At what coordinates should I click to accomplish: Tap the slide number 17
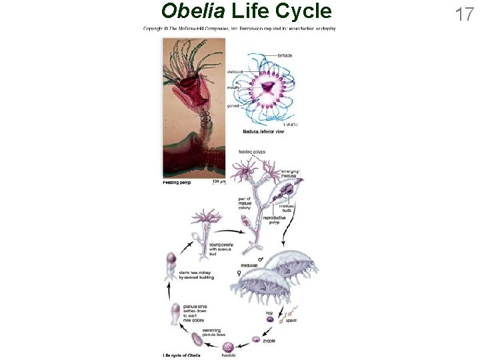click(464, 14)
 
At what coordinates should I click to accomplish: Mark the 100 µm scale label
click(219, 181)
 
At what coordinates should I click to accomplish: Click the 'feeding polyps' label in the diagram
click(252, 153)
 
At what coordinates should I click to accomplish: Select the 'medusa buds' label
click(286, 208)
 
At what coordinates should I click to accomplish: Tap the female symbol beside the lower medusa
click(239, 273)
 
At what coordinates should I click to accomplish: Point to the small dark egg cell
click(270, 319)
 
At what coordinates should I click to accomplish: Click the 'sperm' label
click(291, 321)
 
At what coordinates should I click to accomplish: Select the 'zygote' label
click(269, 341)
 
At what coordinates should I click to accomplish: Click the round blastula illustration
click(229, 347)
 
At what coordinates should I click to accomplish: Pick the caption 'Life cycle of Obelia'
click(182, 355)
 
